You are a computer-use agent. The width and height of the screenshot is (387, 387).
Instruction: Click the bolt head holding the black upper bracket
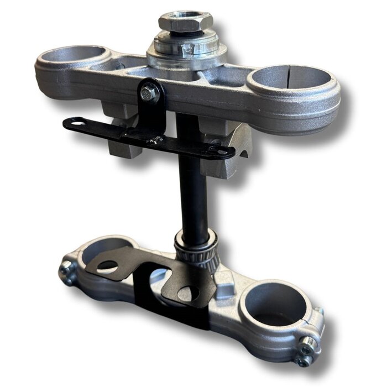click(x=148, y=93)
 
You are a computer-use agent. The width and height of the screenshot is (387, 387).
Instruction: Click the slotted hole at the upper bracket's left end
click(x=77, y=123)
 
